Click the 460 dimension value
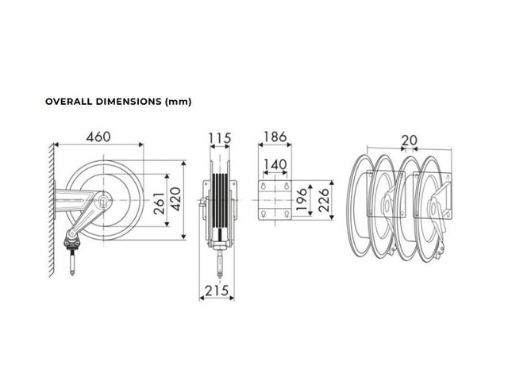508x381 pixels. click(x=98, y=137)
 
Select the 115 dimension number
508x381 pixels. click(x=220, y=138)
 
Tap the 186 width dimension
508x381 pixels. click(x=275, y=137)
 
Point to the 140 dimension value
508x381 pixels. click(x=275, y=164)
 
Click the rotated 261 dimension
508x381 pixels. click(x=159, y=203)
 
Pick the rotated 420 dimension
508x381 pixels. click(x=175, y=199)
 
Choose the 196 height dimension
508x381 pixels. click(x=302, y=199)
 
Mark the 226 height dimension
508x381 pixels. click(x=323, y=200)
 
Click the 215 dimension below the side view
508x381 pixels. click(x=217, y=291)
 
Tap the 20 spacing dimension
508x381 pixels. click(x=410, y=140)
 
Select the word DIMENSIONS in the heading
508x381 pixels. click(x=129, y=102)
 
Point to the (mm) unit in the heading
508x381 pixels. click(x=178, y=102)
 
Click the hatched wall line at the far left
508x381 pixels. click(x=52, y=210)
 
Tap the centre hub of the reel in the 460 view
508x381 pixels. click(x=104, y=201)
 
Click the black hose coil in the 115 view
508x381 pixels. click(x=220, y=201)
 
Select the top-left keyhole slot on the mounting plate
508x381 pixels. click(x=264, y=186)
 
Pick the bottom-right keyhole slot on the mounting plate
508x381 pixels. click(x=287, y=214)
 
